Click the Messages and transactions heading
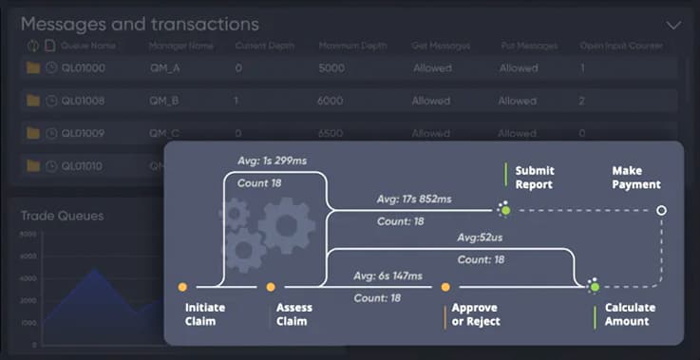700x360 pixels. click(140, 25)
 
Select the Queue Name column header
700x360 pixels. click(88, 46)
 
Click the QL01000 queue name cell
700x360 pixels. click(83, 68)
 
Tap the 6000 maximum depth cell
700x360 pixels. click(331, 101)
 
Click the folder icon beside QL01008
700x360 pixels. click(33, 101)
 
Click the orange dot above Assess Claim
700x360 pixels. click(271, 286)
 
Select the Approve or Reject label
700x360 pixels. click(475, 314)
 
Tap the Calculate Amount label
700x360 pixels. click(631, 314)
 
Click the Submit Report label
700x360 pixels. click(534, 178)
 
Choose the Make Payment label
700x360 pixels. click(635, 178)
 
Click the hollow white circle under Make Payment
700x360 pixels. click(662, 210)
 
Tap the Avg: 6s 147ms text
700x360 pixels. click(388, 276)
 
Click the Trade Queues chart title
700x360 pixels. click(63, 216)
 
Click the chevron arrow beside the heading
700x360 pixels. click(673, 26)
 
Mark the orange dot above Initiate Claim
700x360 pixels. click(182, 286)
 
